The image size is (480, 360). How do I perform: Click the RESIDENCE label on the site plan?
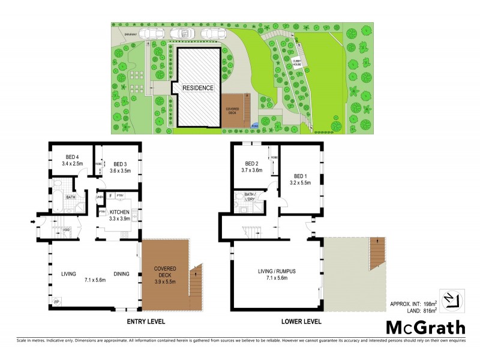point(198,88)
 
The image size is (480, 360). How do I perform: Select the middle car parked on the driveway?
point(181,34)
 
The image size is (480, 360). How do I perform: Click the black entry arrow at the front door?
point(32,223)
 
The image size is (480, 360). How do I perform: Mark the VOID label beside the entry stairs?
point(67,229)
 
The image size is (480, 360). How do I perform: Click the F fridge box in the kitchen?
point(110,195)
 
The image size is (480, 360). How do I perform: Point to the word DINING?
point(122,274)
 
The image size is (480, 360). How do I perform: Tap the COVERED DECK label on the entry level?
point(164,269)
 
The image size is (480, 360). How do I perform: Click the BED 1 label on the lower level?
point(299,175)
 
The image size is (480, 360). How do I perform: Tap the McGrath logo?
point(424,327)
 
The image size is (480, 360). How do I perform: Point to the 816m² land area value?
point(428,310)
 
